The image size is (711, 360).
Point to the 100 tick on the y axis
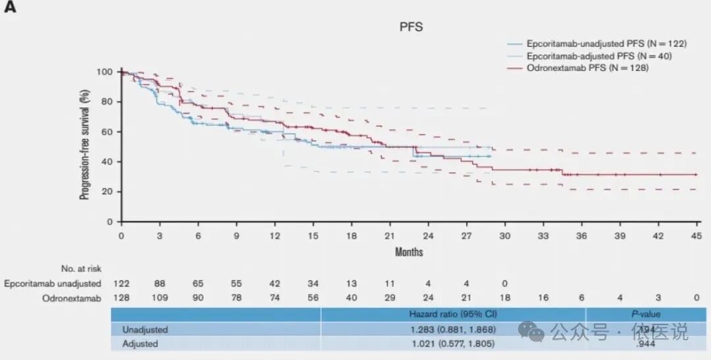pos(105,72)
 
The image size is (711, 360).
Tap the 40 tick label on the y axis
pos(107,162)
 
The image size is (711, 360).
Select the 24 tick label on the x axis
pos(428,236)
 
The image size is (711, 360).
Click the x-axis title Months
pos(408,252)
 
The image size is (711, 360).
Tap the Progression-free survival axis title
pos(85,146)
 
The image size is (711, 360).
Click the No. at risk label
pos(80,268)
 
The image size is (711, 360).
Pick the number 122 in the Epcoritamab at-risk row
pos(121,284)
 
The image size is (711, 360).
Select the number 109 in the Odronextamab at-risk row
pos(159,297)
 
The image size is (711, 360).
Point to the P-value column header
pos(646,315)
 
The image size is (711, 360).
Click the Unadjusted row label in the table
pos(145,329)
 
